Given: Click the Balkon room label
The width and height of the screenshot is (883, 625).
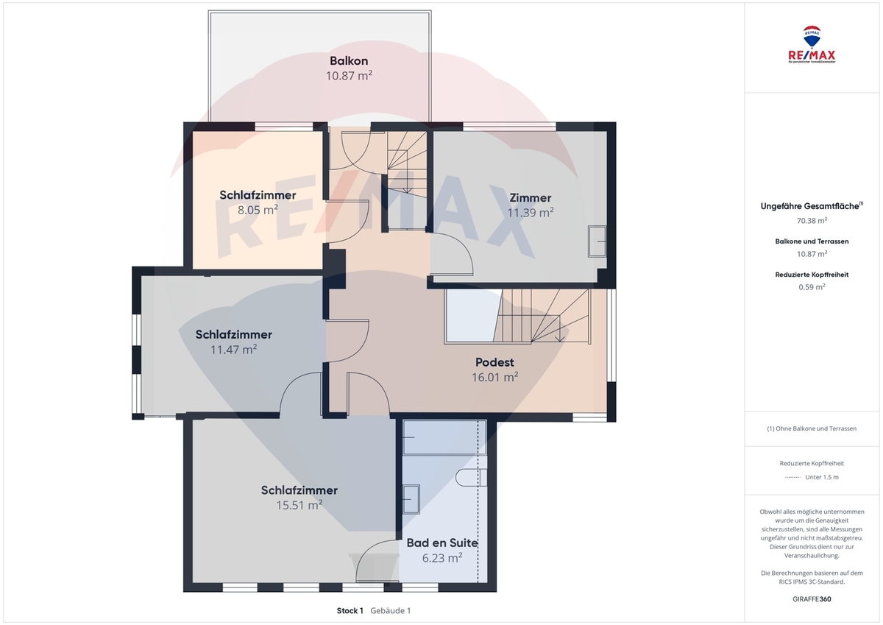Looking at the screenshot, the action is point(349,60).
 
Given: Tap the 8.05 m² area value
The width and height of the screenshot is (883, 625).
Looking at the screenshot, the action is point(258,209).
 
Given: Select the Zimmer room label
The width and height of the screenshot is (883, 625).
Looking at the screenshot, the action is point(531,197).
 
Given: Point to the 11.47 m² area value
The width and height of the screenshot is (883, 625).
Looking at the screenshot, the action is point(234,350).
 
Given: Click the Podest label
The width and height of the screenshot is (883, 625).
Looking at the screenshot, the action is point(494,362).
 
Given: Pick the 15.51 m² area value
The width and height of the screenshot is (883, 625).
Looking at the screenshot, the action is point(299,505).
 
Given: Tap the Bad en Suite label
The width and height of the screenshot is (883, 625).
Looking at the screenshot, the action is point(442,543).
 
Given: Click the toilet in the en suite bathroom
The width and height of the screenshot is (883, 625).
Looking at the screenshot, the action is point(471,478).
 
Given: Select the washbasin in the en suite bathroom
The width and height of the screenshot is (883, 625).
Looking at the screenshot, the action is point(411,499).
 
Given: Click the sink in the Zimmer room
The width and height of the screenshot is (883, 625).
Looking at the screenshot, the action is point(597,241).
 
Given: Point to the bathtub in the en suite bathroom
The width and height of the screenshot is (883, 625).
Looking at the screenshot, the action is point(444,438).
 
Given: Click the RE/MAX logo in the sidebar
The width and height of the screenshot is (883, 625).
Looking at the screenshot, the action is point(812,45).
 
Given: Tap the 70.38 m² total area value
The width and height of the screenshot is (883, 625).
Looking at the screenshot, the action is point(812,220).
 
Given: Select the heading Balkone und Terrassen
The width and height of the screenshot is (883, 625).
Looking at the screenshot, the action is point(812,241).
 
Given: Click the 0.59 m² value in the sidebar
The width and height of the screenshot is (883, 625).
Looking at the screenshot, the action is point(812,286).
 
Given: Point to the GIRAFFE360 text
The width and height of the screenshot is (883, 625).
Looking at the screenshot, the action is point(812,599).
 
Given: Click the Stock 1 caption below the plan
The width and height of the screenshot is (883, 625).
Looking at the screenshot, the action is point(350,611).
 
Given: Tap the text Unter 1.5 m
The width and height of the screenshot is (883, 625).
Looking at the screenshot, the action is point(822,477).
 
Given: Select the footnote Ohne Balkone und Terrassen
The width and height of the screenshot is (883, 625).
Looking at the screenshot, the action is point(816,428).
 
